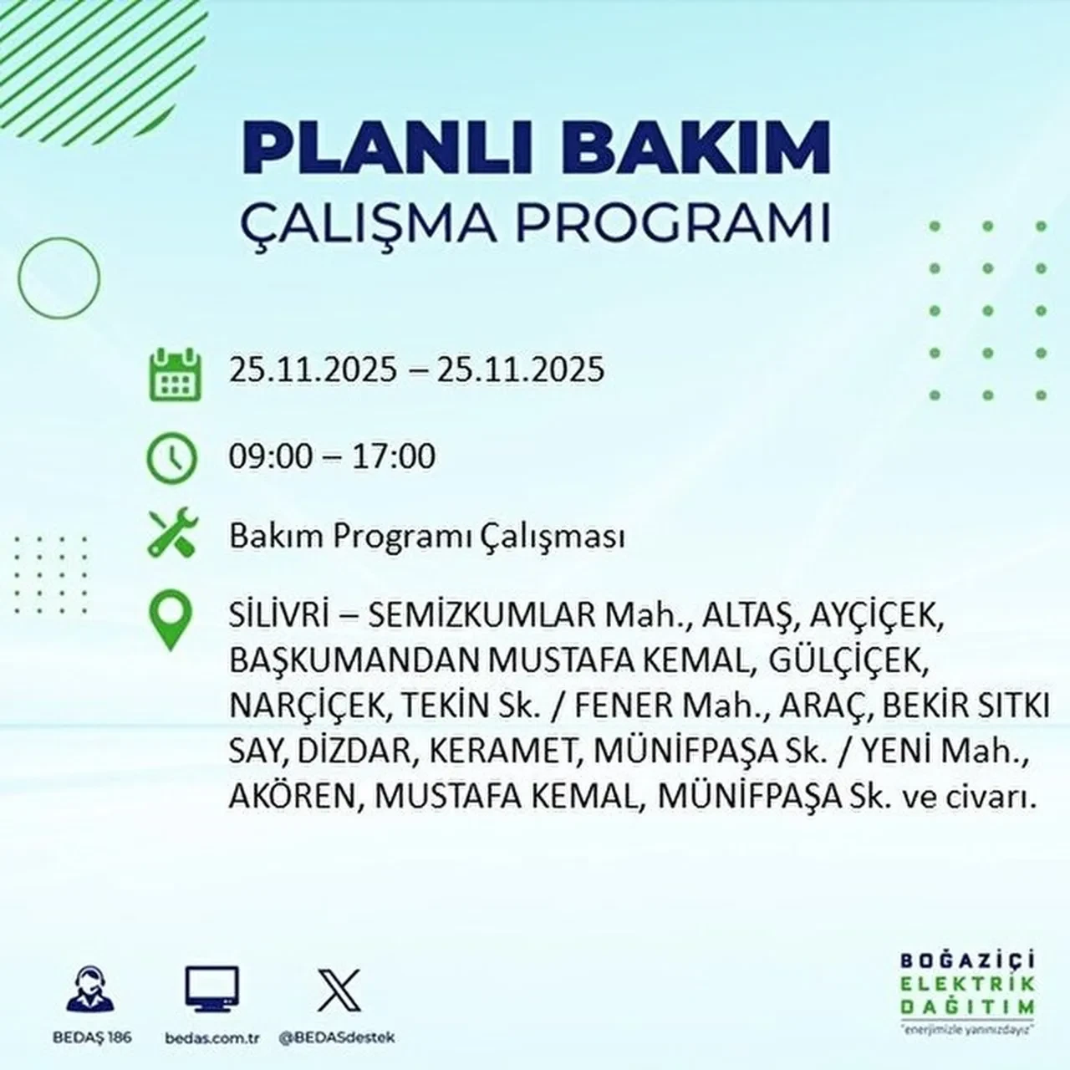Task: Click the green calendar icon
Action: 174,373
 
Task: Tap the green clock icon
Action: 172,458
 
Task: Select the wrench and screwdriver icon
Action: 172,534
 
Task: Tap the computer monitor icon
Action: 211,990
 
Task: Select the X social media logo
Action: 339,990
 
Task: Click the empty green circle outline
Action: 59,277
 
